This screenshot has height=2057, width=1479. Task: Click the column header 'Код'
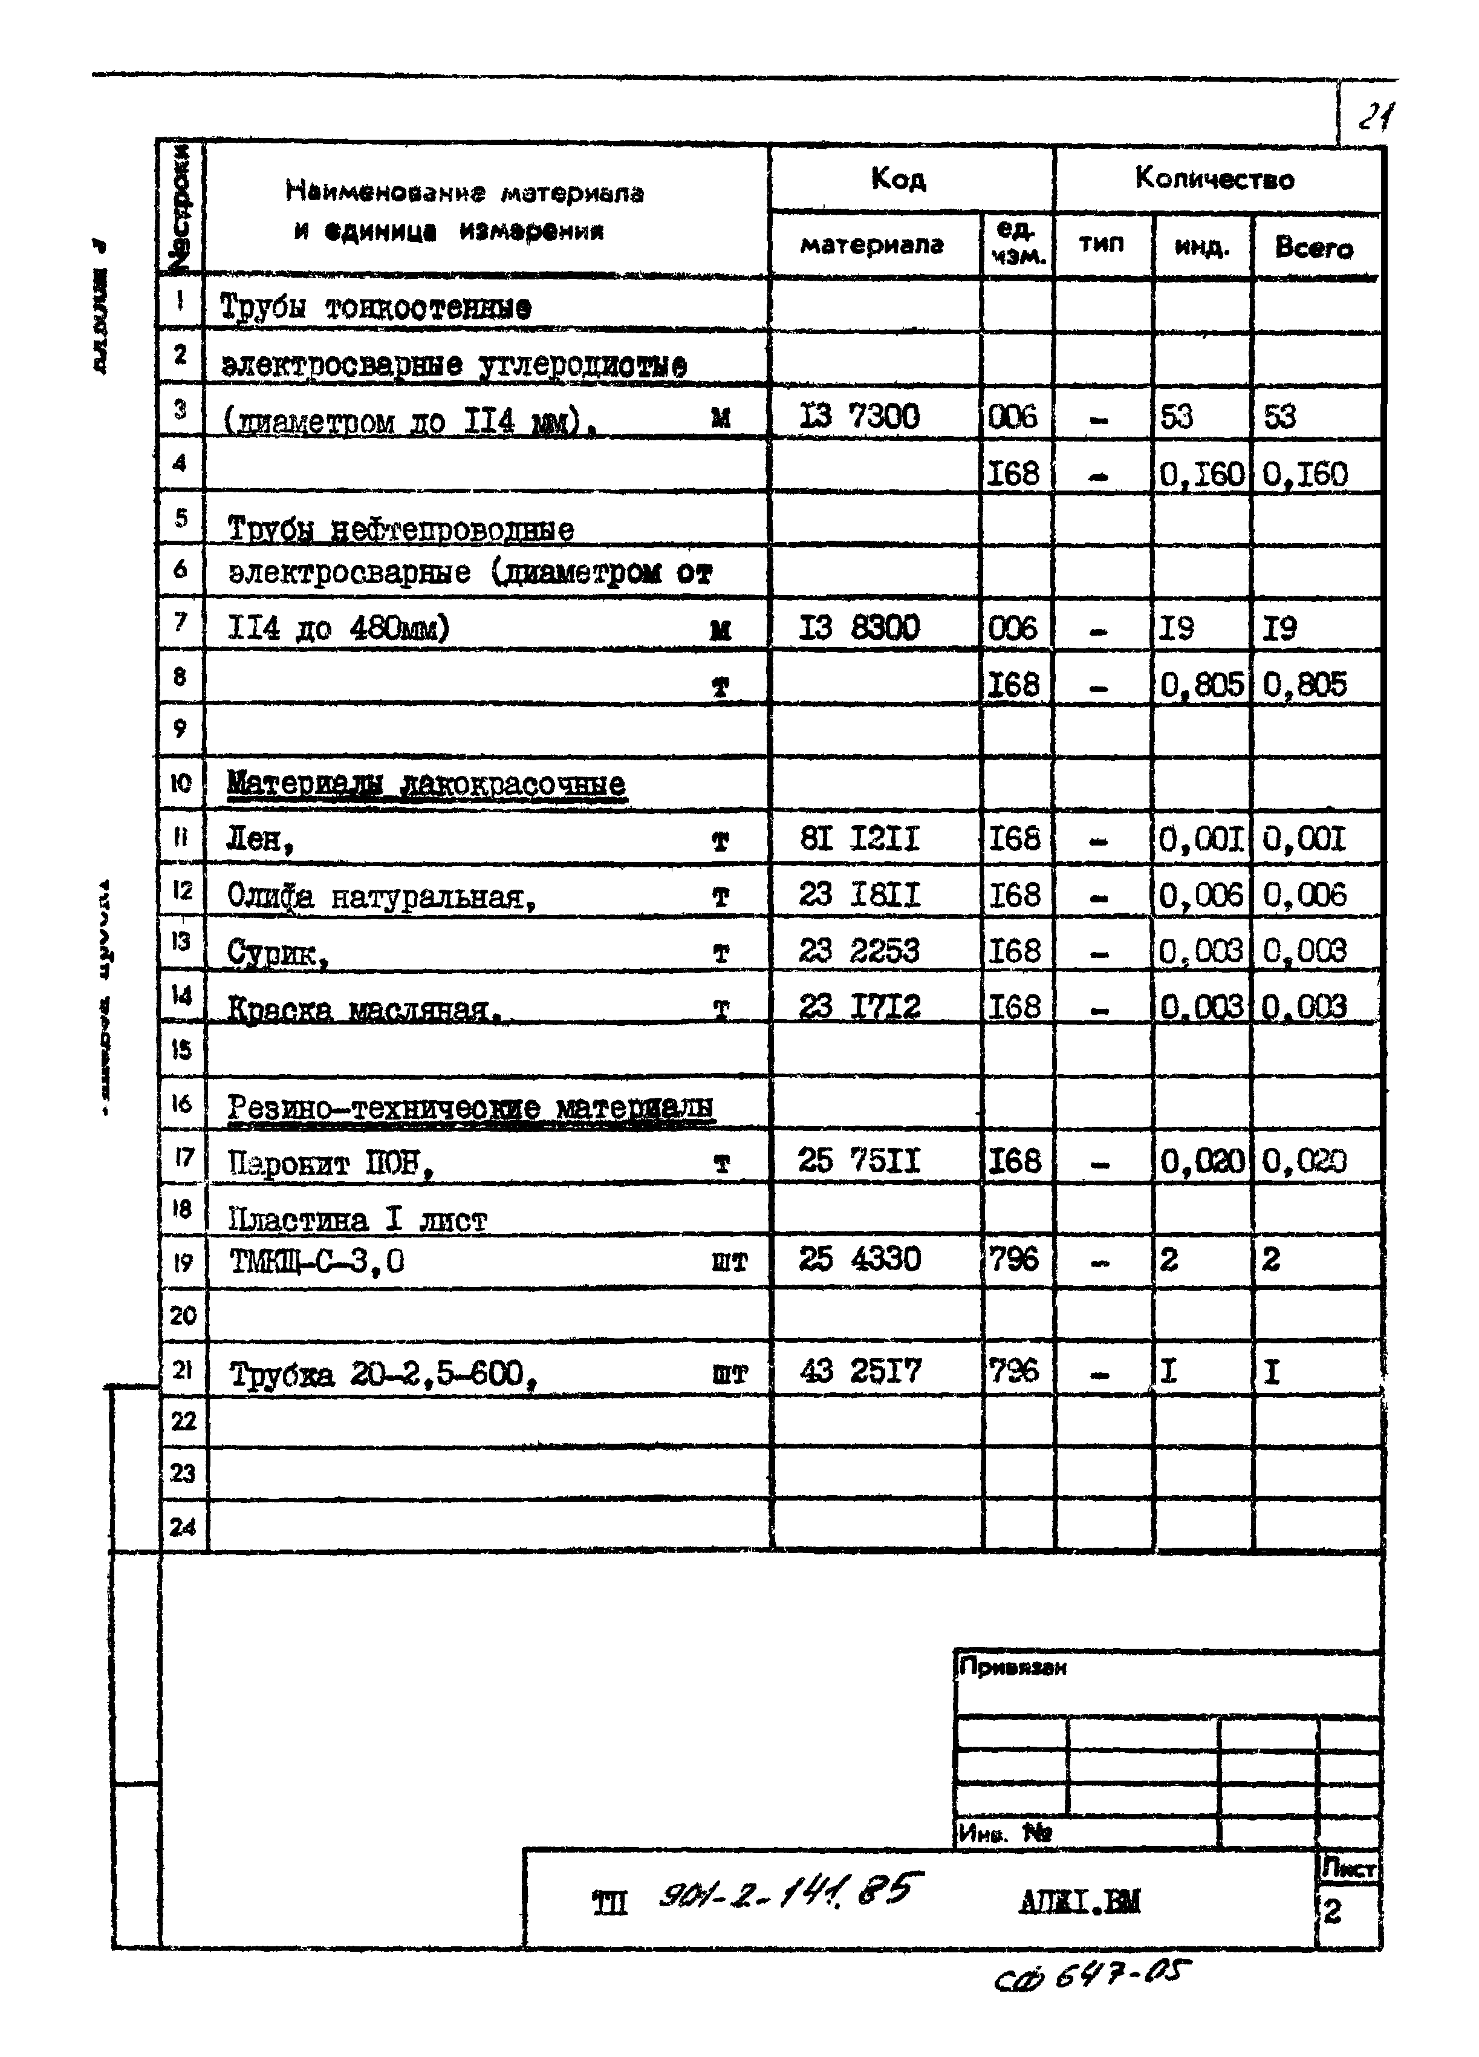point(898,178)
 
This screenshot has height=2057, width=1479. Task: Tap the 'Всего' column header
point(1313,247)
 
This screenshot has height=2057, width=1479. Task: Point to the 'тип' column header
point(1101,244)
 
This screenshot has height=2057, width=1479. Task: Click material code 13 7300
point(859,416)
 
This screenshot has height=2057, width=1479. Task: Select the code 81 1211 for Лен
point(859,839)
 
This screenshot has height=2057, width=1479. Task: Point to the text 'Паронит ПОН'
point(329,1162)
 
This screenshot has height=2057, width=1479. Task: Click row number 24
point(182,1527)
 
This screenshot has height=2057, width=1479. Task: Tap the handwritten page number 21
point(1374,117)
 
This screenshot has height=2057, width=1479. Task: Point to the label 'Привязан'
point(1012,1667)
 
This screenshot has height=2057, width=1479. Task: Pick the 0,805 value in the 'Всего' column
point(1304,685)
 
